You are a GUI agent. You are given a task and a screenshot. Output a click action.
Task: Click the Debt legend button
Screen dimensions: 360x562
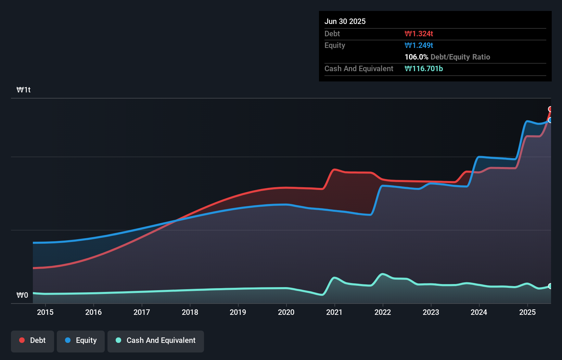click(33, 341)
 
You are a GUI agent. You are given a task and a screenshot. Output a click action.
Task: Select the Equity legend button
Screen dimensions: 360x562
click(81, 341)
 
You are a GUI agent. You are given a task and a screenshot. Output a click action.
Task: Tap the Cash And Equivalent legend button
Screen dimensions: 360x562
click(156, 341)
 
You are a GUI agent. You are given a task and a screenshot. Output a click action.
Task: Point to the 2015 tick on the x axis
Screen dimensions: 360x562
click(45, 312)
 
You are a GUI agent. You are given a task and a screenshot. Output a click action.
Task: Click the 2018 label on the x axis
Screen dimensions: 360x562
click(190, 312)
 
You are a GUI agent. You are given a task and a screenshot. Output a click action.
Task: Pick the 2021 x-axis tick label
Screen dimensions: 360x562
click(334, 312)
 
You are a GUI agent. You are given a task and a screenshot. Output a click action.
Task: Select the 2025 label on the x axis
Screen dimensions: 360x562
click(527, 312)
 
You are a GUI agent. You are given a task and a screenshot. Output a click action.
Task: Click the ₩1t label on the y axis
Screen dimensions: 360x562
click(24, 90)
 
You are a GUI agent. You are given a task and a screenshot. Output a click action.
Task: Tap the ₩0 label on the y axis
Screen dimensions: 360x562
click(22, 295)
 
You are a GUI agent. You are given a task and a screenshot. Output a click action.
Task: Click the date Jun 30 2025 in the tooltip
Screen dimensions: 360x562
click(345, 21)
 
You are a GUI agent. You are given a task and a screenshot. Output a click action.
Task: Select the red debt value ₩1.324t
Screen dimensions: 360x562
click(419, 34)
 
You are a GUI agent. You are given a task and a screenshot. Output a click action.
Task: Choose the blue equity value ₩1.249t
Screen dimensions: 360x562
click(419, 45)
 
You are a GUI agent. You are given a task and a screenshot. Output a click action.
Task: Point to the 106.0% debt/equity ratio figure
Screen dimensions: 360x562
click(416, 57)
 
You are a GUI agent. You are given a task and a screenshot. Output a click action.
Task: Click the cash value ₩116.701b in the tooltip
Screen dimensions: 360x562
click(424, 68)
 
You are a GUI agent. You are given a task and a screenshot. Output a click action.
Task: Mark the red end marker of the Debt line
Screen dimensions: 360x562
click(550, 109)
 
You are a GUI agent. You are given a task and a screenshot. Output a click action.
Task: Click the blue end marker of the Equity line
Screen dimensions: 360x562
click(550, 120)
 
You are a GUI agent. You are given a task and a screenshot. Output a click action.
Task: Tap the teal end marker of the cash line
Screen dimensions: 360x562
click(550, 286)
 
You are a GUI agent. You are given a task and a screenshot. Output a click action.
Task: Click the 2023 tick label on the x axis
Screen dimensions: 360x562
click(431, 312)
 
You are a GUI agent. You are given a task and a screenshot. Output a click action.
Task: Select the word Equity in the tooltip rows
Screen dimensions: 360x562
click(335, 45)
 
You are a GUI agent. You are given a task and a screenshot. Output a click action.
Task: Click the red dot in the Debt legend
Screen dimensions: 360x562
click(22, 340)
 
